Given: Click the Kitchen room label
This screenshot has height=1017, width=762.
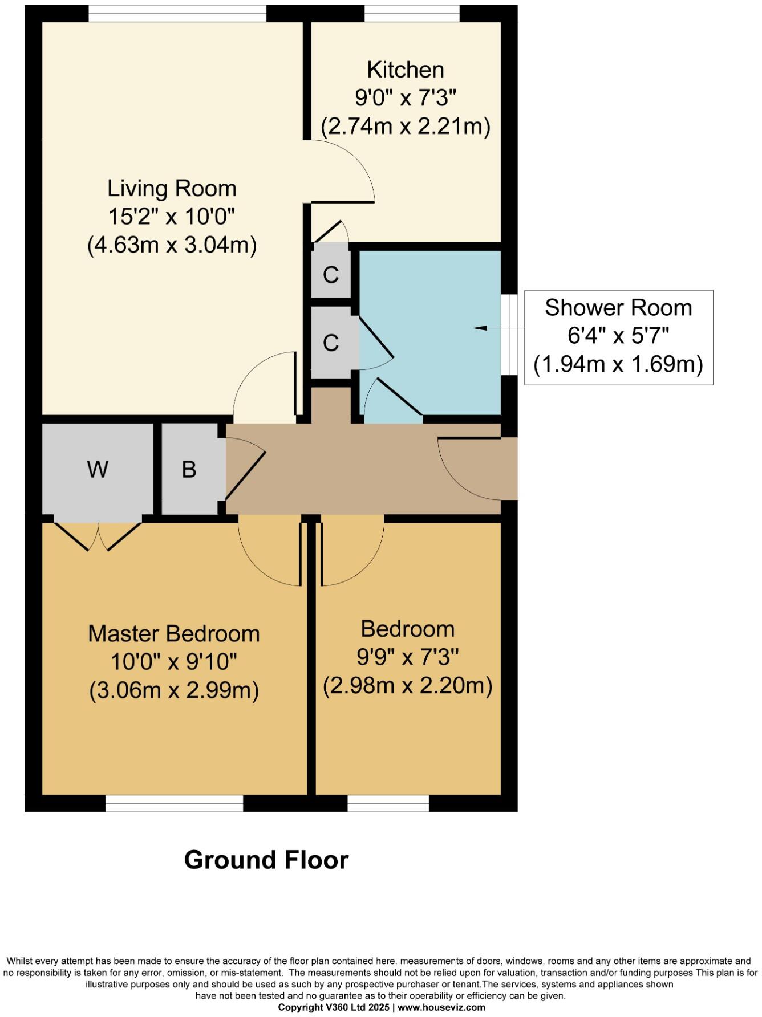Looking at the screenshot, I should pos(405,70).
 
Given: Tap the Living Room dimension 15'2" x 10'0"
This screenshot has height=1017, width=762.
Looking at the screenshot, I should pos(172,217).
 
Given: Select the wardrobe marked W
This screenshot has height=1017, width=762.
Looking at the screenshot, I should pos(98,469).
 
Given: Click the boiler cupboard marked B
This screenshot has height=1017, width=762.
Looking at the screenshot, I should pos(189,469).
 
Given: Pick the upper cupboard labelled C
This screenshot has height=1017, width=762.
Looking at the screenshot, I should pos(331,274).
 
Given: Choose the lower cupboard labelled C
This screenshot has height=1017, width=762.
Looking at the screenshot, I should pos(331,343).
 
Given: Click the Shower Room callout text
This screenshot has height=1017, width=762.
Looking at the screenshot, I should pos(618,308).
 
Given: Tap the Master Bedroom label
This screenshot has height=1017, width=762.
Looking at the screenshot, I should pos(174,634).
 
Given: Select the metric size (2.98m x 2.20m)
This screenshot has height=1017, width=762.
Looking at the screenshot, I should pos(407,685).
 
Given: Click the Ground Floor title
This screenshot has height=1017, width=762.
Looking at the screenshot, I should pos(266,860).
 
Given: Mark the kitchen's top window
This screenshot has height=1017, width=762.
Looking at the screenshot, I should pos(412,13).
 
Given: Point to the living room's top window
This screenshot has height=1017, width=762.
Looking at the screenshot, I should pos(177,13).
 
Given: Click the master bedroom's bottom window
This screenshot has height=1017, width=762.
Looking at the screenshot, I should pos(175,803).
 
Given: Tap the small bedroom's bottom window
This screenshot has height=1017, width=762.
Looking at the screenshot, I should pos(388,803).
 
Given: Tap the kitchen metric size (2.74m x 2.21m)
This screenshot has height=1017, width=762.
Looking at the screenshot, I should pos(405,126).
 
